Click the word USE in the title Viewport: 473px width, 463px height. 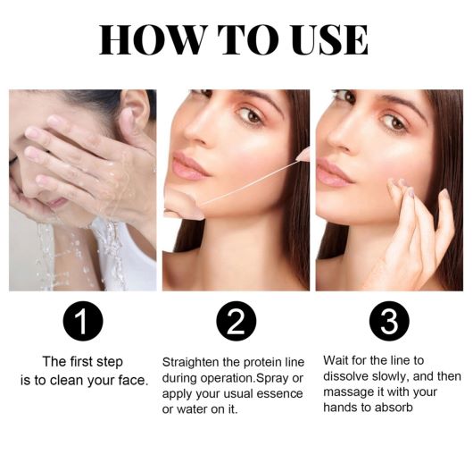click(329, 39)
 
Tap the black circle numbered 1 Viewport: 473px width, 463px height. click(83, 321)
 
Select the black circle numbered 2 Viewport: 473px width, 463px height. click(236, 321)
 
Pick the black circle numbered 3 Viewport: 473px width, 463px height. click(389, 321)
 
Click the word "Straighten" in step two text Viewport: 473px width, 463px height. click(191, 362)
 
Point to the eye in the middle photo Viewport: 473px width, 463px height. click(250, 116)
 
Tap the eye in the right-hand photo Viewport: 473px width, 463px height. click(394, 122)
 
